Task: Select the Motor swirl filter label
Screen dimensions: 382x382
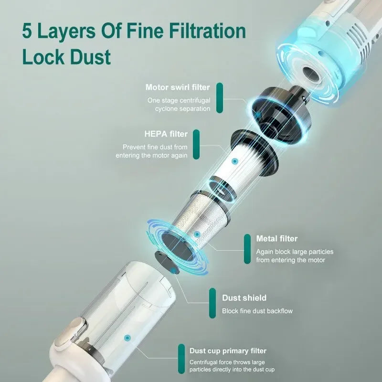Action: pyautogui.click(x=178, y=87)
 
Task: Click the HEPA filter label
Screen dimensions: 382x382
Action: pyautogui.click(x=166, y=134)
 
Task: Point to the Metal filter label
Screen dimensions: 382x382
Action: pyautogui.click(x=276, y=238)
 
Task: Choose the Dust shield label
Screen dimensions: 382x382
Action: pyautogui.click(x=244, y=298)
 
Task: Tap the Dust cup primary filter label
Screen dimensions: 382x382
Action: pyautogui.click(x=228, y=351)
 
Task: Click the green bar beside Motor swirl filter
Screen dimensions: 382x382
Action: pyautogui.click(x=220, y=98)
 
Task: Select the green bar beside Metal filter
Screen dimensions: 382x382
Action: pyautogui.click(x=247, y=248)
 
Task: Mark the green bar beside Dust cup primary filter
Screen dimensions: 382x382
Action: pyautogui.click(x=181, y=358)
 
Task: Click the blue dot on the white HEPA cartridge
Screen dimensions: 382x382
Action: pyautogui.click(x=234, y=162)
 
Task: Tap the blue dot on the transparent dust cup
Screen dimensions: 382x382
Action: pyautogui.click(x=127, y=338)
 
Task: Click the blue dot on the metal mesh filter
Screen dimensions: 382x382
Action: pyautogui.click(x=196, y=234)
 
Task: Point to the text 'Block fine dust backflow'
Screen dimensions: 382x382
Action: pyautogui.click(x=257, y=311)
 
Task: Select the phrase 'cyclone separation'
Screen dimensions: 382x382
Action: pyautogui.click(x=182, y=109)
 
